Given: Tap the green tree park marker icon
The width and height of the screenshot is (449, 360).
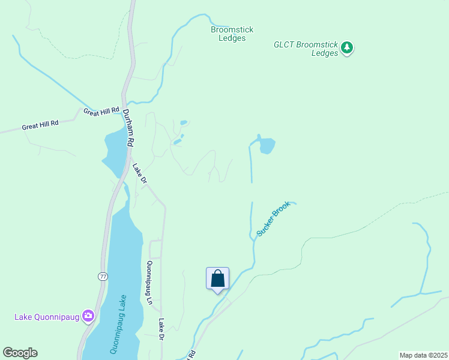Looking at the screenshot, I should [x=346, y=47].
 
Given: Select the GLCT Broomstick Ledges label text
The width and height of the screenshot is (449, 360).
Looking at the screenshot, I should [x=306, y=48].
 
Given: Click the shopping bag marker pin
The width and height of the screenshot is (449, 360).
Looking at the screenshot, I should [x=217, y=279].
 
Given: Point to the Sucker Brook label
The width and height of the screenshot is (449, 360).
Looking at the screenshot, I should [x=273, y=218].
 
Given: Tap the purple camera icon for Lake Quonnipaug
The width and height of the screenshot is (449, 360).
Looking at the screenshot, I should [x=89, y=315].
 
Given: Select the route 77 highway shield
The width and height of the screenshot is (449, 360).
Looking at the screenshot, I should [x=103, y=276].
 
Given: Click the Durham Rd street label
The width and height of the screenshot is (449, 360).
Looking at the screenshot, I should [x=127, y=128].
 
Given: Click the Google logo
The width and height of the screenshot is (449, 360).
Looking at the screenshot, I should [x=20, y=353].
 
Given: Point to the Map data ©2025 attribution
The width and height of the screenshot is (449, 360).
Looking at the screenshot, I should [x=423, y=355].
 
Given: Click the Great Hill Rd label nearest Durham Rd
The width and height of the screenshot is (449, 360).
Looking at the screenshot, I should [x=101, y=112].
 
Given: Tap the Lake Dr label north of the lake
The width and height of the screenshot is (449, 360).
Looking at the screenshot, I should [x=139, y=173].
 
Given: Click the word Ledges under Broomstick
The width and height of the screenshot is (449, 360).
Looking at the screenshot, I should [x=232, y=38].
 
